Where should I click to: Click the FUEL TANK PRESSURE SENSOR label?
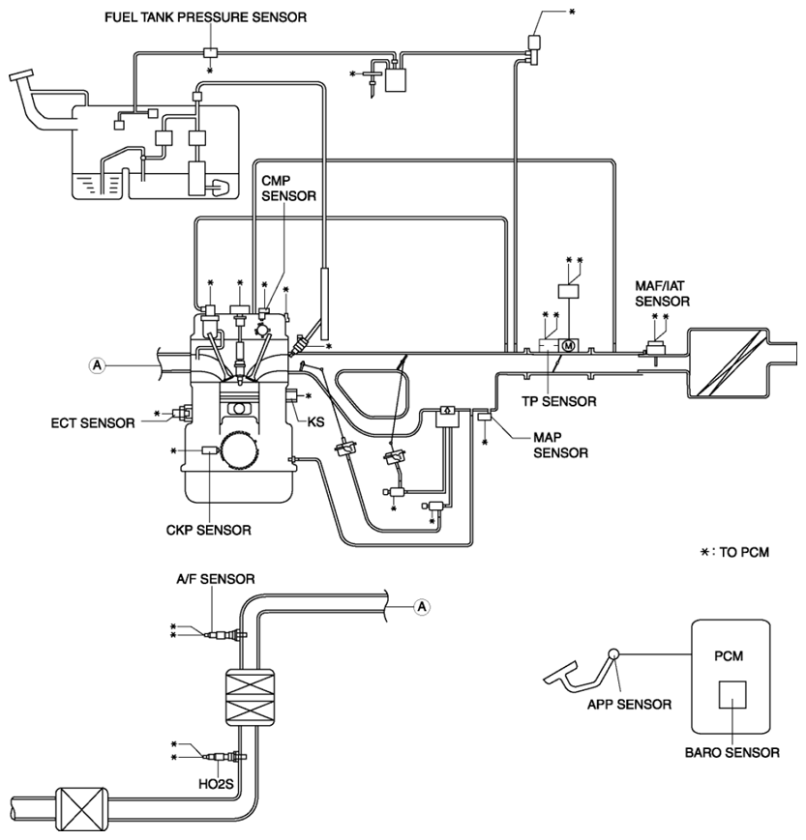tap(205, 17)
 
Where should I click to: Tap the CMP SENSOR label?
tap(288, 188)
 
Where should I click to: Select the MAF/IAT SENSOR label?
tap(662, 294)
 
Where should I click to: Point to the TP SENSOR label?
tap(559, 401)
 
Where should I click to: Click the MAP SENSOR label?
tap(560, 446)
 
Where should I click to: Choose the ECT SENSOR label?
tap(93, 423)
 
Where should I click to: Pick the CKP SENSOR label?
tap(209, 531)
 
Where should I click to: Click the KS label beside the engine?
tap(315, 422)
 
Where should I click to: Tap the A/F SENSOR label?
tap(216, 579)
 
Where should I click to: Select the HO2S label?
tap(216, 784)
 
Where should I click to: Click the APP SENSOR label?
tap(629, 705)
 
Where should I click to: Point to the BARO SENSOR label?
tap(732, 753)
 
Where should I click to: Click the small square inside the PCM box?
tap(732, 695)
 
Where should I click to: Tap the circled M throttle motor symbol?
tap(569, 345)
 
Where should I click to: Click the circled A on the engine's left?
tap(97, 365)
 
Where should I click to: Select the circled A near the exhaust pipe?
tap(422, 606)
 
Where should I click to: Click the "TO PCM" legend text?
tap(744, 552)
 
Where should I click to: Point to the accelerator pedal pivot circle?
tap(612, 653)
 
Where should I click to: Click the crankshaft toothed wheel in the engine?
tap(236, 450)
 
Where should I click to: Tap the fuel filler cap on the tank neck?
tap(21, 76)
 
